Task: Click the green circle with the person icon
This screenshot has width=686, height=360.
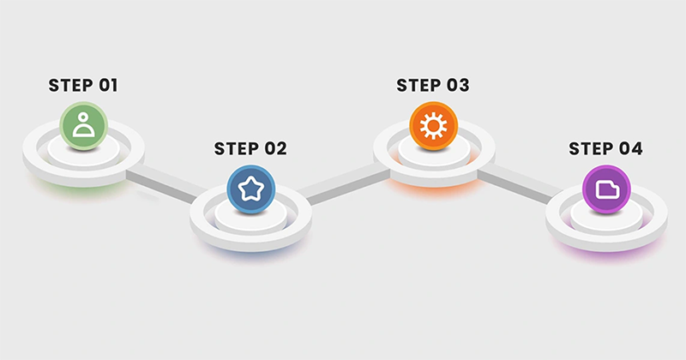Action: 83,126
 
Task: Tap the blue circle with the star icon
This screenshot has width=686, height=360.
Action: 250,189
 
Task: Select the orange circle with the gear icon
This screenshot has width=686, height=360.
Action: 434,126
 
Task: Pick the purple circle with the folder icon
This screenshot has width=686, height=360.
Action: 606,189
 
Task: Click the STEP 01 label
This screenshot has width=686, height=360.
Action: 83,86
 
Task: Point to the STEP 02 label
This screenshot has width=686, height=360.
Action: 250,149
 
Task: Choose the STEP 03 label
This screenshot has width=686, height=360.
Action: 433,86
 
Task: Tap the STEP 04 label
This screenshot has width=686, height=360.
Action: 605,149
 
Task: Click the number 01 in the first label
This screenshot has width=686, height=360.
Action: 108,86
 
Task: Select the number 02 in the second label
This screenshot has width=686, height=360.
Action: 275,149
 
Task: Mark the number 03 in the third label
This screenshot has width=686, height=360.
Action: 458,86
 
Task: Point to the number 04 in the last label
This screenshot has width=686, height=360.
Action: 631,149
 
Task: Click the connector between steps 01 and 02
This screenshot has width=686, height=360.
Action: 166,184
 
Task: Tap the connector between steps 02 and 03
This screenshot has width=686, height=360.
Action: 344,183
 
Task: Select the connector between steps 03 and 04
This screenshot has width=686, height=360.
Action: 521,184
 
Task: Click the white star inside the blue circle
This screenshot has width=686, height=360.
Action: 250,189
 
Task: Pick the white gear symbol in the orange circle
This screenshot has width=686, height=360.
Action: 434,126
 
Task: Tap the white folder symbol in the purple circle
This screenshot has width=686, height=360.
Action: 608,189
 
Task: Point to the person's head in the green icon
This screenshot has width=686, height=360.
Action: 83,117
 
